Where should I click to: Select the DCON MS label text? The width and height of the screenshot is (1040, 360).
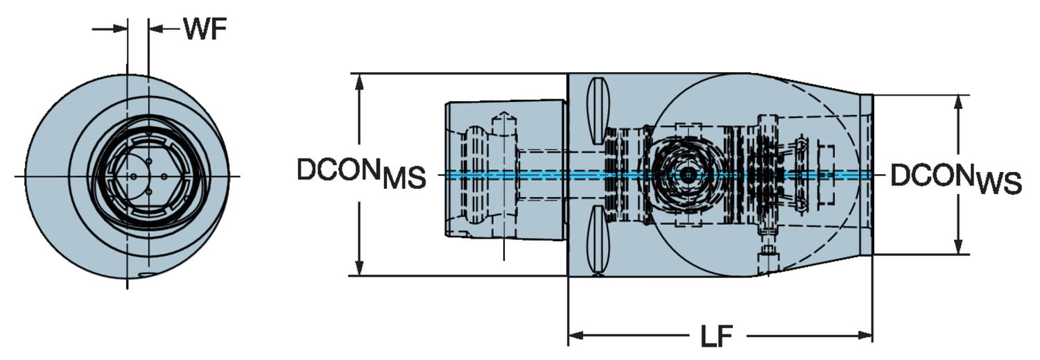(361, 173)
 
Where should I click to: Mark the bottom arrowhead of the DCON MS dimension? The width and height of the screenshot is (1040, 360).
(359, 267)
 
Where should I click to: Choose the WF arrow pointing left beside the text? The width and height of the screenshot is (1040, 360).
(156, 29)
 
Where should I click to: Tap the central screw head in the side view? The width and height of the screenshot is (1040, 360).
(686, 175)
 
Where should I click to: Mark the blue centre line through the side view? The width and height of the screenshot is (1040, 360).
(555, 175)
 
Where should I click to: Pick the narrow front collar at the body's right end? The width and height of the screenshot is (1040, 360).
(866, 173)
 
